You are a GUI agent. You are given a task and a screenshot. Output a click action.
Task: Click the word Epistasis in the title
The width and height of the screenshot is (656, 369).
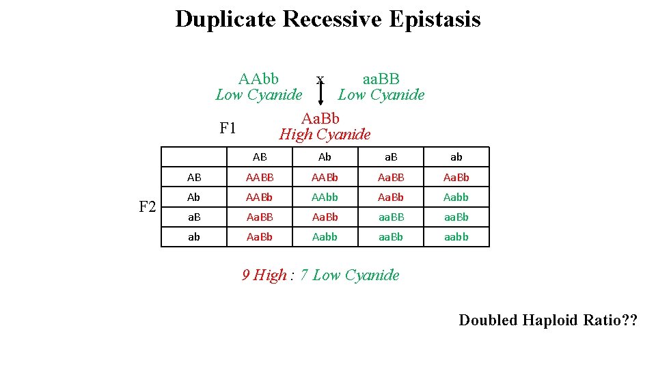point(435,19)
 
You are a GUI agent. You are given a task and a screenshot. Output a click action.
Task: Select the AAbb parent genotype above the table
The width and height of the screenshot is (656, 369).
point(258,79)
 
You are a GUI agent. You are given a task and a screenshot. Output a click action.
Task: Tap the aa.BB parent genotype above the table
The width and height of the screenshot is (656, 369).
point(381,79)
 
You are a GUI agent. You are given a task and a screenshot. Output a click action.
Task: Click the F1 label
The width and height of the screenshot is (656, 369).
point(228,128)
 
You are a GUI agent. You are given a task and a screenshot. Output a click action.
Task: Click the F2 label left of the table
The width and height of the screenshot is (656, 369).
point(148,206)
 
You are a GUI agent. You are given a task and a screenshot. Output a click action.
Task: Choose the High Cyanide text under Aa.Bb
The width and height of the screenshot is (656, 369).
point(325,135)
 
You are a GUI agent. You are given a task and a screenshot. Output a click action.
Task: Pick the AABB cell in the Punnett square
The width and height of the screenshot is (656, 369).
point(260,178)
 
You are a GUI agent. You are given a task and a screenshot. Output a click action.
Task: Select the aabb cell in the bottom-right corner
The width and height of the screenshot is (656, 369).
point(456,237)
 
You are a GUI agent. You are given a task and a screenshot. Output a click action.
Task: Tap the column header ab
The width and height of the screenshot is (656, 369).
point(456,157)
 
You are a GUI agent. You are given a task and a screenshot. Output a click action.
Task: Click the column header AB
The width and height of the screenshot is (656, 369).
point(260,157)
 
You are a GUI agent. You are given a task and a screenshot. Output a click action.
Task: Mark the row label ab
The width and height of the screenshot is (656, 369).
point(194,237)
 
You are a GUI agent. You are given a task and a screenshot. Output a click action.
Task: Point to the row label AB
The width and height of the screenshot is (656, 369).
point(194,178)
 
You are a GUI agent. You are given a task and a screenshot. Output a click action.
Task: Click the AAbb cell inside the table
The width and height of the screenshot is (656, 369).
point(325,197)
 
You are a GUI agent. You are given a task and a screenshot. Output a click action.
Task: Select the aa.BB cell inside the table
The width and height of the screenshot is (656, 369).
point(390,217)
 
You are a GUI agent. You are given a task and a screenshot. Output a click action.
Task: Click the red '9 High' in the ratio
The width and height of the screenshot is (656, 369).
point(264,275)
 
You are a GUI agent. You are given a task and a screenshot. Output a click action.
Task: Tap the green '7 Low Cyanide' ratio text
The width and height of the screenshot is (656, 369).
point(349,275)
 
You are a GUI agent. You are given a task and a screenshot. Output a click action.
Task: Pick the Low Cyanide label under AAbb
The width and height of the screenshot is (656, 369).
point(258,95)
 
